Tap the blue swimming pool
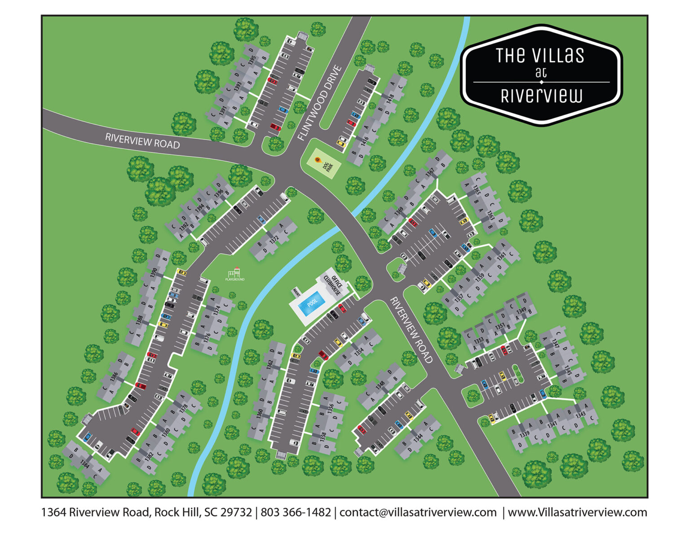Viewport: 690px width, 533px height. pos(312,301)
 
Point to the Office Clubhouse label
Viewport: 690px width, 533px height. pos(333,282)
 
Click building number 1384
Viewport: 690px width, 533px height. pos(84,464)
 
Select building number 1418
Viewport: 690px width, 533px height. pos(390,97)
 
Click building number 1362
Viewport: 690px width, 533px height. pos(270,365)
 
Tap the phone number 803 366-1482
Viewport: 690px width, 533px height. pos(296,512)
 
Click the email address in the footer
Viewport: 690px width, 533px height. pos(418,512)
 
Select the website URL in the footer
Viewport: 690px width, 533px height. pos(577,512)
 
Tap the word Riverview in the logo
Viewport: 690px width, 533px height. pos(541,96)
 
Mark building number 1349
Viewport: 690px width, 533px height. pos(521,311)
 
